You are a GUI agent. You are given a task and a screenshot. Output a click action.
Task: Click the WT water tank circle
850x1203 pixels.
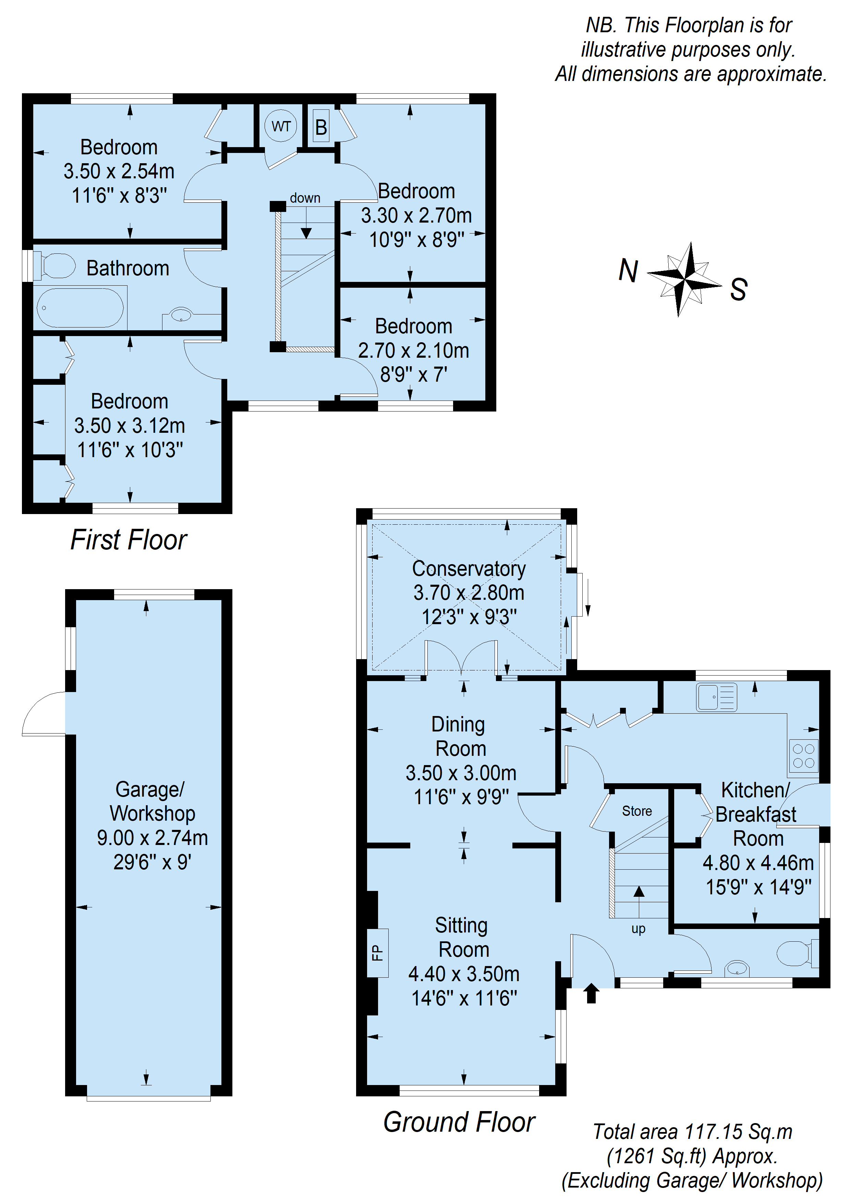pos(281,126)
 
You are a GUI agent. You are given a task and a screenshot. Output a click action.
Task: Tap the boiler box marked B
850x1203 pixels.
pos(321,126)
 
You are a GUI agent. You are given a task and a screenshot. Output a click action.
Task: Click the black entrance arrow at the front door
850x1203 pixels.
pos(591,993)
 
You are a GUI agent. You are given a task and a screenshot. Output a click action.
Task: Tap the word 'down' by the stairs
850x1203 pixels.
pos(305,198)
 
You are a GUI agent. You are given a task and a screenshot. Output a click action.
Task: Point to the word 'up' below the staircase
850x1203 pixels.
pos(639,929)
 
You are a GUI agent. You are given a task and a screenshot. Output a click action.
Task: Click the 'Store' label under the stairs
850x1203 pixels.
pos(637,811)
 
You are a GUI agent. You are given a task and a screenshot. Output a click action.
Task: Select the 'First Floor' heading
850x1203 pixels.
pos(129,540)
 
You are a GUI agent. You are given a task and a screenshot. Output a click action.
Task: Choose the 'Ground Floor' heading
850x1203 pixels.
pos(459,1122)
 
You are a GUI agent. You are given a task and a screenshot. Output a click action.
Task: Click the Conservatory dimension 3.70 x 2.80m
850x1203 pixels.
pos(469,593)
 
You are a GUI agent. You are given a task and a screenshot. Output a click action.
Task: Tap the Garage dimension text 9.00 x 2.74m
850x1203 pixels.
pos(153,838)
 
